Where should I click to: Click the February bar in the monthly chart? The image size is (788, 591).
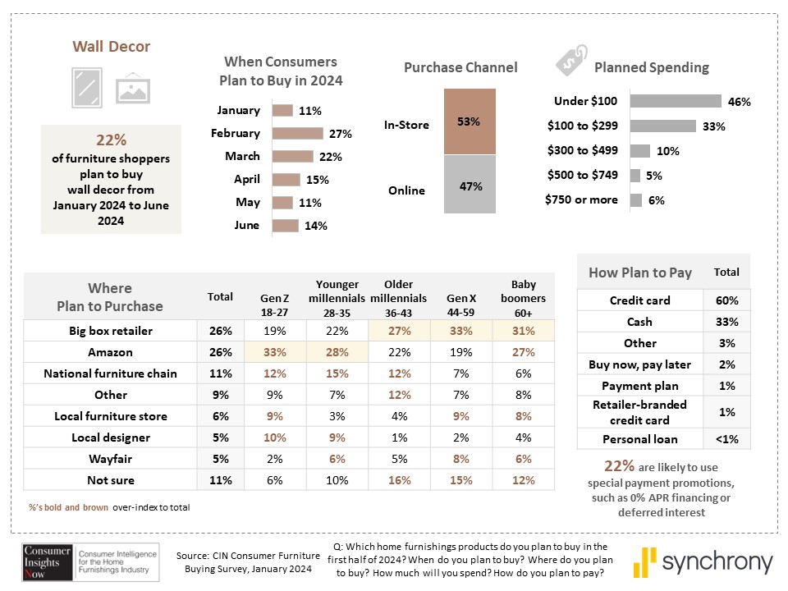[297, 133]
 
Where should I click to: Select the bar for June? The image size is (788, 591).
[286, 226]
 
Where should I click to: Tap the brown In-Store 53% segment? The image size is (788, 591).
[470, 121]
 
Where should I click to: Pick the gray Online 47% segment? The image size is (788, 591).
[470, 185]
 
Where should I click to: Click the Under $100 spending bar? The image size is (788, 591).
[676, 101]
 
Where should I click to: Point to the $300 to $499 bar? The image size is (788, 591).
[640, 150]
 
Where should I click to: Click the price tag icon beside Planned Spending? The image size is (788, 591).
[572, 60]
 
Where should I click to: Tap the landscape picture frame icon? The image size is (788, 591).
[133, 89]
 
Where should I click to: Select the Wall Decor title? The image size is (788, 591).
[111, 46]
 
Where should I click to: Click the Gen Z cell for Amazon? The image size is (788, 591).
[275, 352]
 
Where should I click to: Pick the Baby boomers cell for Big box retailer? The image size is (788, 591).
[524, 331]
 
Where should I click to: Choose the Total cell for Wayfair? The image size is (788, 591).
[221, 459]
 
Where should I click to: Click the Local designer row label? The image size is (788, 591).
[111, 438]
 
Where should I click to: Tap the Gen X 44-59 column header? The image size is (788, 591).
[461, 305]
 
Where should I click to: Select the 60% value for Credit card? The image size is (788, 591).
[727, 300]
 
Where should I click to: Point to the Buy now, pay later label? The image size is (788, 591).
[639, 364]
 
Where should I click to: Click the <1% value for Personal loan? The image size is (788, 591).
[727, 439]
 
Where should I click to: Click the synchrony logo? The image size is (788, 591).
[703, 561]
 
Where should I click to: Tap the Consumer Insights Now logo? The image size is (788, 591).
[90, 561]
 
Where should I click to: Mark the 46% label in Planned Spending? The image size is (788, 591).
[740, 102]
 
